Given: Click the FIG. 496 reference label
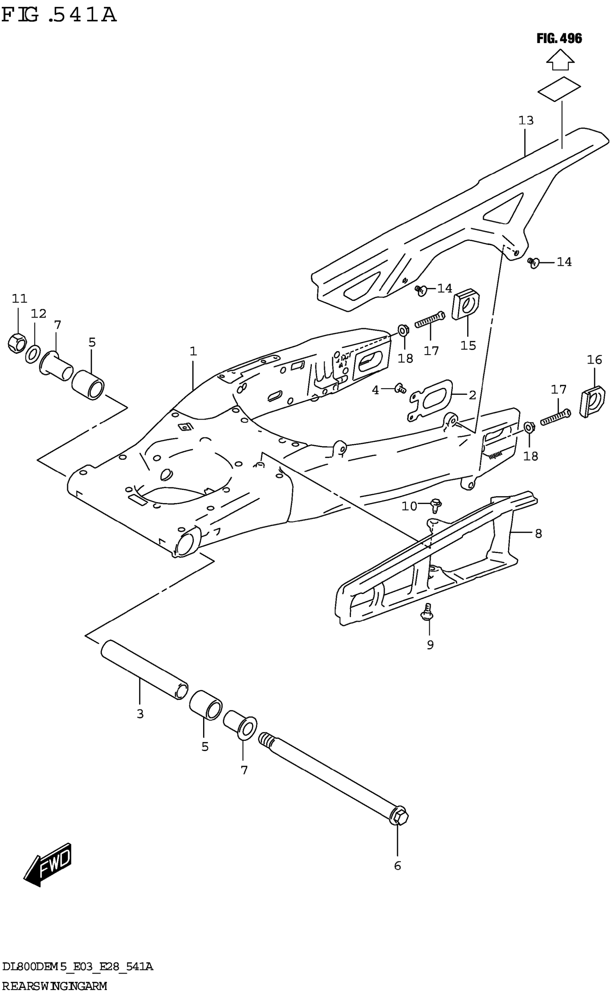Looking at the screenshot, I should (x=559, y=39).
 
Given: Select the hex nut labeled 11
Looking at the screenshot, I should (x=17, y=343).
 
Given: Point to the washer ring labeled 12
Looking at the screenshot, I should (x=33, y=354).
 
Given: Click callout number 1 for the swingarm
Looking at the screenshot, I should (x=193, y=351).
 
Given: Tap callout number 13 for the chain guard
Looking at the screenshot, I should (x=526, y=120).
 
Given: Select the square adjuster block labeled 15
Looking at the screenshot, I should (x=465, y=304).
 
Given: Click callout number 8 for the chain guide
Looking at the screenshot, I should (x=538, y=534).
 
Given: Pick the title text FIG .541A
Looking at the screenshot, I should (x=59, y=15).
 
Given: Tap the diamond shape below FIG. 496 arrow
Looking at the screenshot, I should (x=559, y=88).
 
